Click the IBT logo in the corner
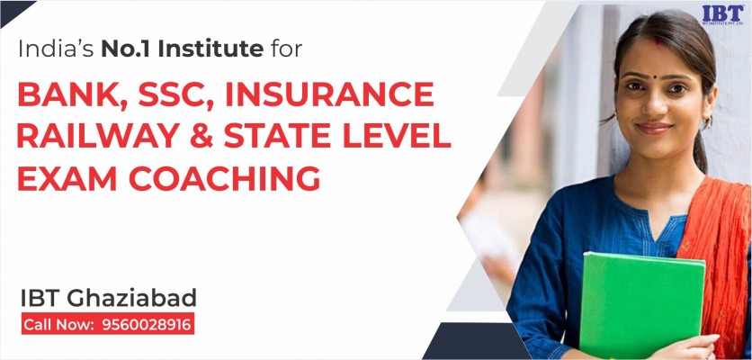click(722, 14)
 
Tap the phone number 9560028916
click(147, 325)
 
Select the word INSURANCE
click(329, 94)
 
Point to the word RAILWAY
click(98, 136)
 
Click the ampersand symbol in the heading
click(201, 136)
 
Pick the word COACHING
click(225, 178)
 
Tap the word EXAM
click(67, 178)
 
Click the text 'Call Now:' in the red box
click(58, 325)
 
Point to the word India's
click(56, 49)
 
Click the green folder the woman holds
click(643, 305)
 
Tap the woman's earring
click(707, 122)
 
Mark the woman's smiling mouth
click(654, 128)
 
